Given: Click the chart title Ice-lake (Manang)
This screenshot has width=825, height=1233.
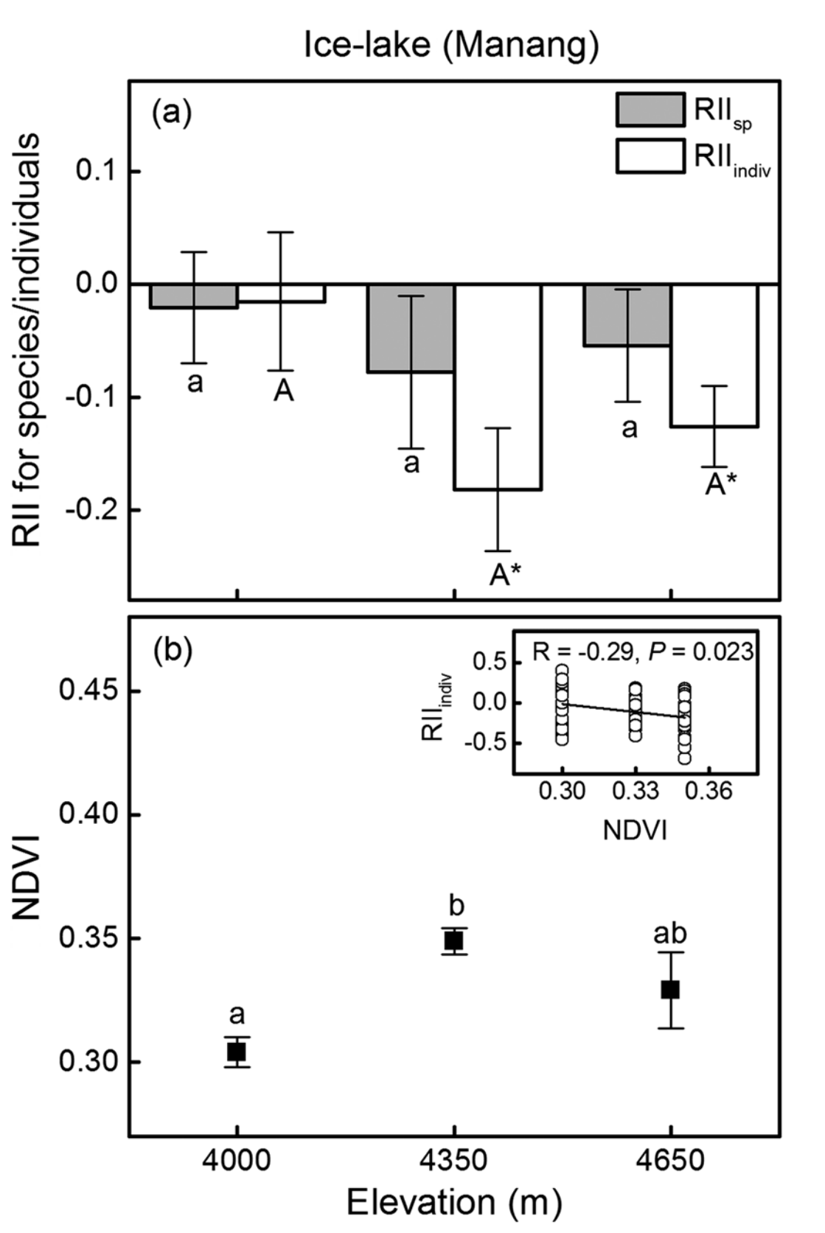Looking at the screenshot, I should pos(451,45).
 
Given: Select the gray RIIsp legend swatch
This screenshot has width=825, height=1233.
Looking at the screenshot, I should pos(650,111).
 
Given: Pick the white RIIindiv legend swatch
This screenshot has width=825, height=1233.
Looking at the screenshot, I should pos(650,156).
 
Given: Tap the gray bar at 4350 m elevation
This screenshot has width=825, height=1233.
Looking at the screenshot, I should pos(411,328).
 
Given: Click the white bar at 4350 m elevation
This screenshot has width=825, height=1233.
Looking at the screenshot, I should pos(498,387).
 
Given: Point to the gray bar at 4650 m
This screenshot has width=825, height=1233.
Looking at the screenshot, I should pos(627,315).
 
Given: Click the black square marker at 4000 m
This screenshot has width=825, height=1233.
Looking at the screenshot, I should pos(236,1052).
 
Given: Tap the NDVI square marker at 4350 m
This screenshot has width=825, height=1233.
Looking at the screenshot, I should pos(453,940).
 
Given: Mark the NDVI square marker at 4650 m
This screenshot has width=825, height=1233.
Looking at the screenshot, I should pos(670,990).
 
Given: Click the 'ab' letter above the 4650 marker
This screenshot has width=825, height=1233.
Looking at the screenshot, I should pos(670,933).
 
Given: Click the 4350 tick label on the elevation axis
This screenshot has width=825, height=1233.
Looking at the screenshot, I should pos(453,1160).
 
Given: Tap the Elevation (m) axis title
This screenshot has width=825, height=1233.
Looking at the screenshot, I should pos(453,1203).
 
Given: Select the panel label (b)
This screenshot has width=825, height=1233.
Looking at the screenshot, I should pos(172,651).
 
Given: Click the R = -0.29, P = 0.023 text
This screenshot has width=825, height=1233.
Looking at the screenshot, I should pos(643,651).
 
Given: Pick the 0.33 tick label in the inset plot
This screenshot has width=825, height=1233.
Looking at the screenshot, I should pos(636,791).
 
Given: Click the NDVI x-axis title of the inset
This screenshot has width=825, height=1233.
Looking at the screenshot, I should pos(635,830).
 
